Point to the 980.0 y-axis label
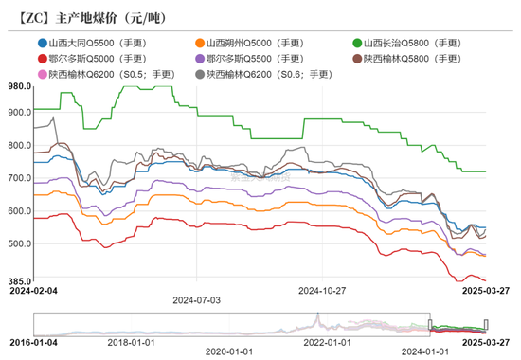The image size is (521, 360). click(x=18, y=86)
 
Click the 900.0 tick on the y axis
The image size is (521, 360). click(x=18, y=112)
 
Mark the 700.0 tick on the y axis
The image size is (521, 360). click(x=18, y=177)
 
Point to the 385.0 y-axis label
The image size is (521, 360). click(x=18, y=281)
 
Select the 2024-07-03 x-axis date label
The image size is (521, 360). click(x=196, y=298)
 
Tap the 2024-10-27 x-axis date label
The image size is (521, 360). click(x=323, y=291)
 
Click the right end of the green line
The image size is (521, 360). click(x=485, y=171)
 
